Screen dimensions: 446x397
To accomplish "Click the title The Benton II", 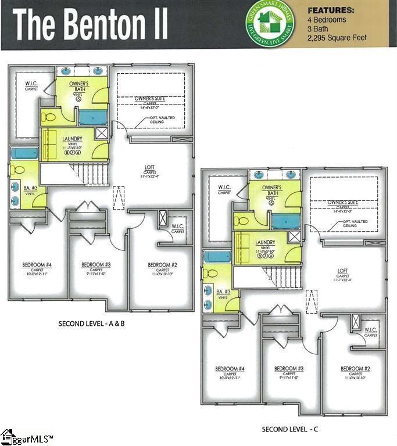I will pyautogui.click(x=91, y=24).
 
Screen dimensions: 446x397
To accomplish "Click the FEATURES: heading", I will pyautogui.click(x=331, y=10).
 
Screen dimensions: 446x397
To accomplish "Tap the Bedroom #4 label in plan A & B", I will pyautogui.click(x=37, y=265).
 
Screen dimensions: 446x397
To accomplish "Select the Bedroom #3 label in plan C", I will pyautogui.click(x=289, y=369).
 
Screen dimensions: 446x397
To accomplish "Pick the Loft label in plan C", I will pyautogui.click(x=343, y=270).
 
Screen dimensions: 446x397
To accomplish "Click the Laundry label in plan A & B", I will pyautogui.click(x=75, y=138).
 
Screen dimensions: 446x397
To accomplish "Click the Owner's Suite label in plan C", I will pyautogui.click(x=342, y=202).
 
